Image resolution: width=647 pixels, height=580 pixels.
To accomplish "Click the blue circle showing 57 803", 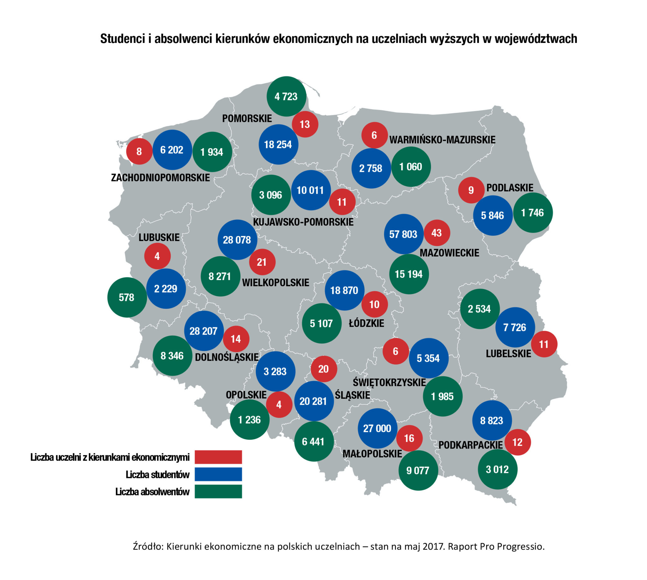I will tap(403, 234).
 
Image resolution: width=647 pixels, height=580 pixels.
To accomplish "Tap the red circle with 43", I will tap(437, 233).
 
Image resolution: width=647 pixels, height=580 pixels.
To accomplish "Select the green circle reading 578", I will tap(127, 297).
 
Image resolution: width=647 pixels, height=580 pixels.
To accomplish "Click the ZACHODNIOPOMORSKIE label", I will tap(160, 178).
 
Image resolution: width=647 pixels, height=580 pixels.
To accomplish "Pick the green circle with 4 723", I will tap(286, 96).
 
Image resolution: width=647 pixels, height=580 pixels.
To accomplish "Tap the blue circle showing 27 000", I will tap(377, 428).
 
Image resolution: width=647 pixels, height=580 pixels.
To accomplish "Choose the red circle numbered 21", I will tap(262, 262).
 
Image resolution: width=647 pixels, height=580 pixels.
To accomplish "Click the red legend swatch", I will tap(218, 457).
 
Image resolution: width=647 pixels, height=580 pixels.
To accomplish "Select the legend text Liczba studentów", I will tap(157, 474).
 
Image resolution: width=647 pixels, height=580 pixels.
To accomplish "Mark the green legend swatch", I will tap(218, 492).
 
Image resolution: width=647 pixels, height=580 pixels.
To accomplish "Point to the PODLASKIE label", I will tap(510, 188).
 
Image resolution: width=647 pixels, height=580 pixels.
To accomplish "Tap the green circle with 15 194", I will tap(409, 274).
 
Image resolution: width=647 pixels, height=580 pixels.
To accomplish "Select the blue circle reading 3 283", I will tap(275, 371).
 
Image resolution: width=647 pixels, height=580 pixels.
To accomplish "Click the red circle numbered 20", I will tap(323, 369).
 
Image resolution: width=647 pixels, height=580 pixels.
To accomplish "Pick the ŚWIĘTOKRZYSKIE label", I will tap(389, 383).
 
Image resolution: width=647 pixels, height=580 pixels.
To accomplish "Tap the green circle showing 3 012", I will tap(498, 469).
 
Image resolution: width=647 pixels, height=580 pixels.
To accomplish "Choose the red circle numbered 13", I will tap(305, 124).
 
